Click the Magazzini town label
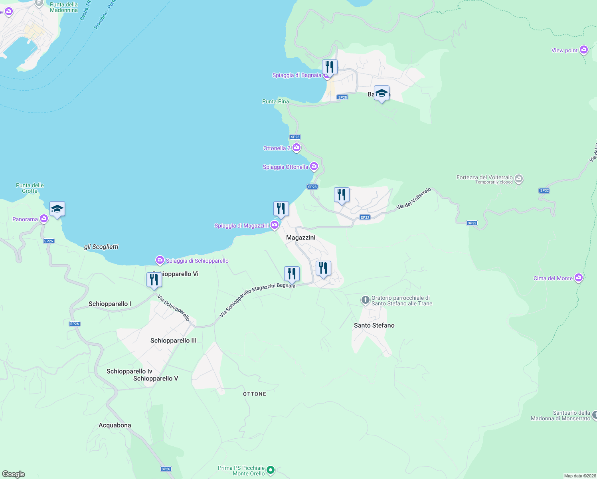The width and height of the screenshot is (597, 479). coord(300,238)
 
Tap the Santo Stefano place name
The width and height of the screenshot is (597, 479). coord(374,325)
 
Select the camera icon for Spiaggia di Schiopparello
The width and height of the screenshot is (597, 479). coord(160,260)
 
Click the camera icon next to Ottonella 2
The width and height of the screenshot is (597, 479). coord(297,148)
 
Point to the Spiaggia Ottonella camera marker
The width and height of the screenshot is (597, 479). coord(314,166)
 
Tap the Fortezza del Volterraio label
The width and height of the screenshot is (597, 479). coord(484,178)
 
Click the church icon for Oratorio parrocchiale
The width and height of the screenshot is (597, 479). coord(365,300)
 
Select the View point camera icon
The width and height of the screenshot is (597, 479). coord(584,50)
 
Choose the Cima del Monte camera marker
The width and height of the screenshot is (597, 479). coord(579,278)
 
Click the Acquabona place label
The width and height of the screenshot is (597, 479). coord(115,425)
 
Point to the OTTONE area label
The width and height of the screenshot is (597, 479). coord(255,394)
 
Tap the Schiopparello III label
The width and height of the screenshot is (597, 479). coord(173,340)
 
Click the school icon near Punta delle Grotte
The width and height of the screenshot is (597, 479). coord(57,209)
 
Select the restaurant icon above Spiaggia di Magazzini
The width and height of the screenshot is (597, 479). coord(281,209)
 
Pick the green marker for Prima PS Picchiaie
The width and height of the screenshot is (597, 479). coord(271,470)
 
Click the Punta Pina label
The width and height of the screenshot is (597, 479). coord(275,101)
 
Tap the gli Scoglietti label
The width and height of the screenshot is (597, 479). coord(101,247)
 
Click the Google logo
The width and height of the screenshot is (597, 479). coord(13,474)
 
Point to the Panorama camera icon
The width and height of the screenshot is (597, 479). coord(44,218)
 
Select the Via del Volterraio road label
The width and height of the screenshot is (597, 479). coord(414,199)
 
